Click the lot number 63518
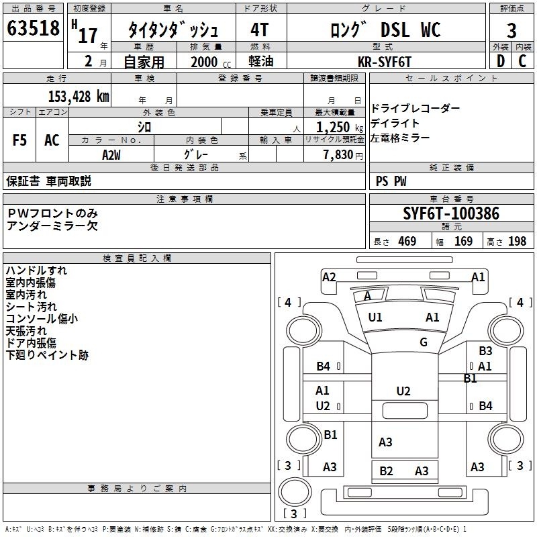[x=33, y=28]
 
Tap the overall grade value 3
[x=511, y=30]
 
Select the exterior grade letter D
[x=501, y=61]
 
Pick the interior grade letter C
[x=522, y=61]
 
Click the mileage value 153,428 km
[x=79, y=96]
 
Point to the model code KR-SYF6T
[x=384, y=62]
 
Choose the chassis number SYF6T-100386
[x=451, y=213]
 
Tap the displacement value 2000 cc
[x=211, y=62]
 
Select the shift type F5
[x=19, y=140]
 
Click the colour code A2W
[x=111, y=155]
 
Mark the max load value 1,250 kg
[x=340, y=128]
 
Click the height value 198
[x=517, y=241]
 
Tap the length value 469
[x=407, y=241]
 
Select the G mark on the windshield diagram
[x=424, y=342]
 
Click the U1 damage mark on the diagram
[x=375, y=318]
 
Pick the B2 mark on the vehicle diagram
[x=386, y=471]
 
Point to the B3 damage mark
[x=485, y=350]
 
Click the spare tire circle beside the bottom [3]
[x=295, y=492]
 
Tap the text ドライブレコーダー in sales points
[x=416, y=108]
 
